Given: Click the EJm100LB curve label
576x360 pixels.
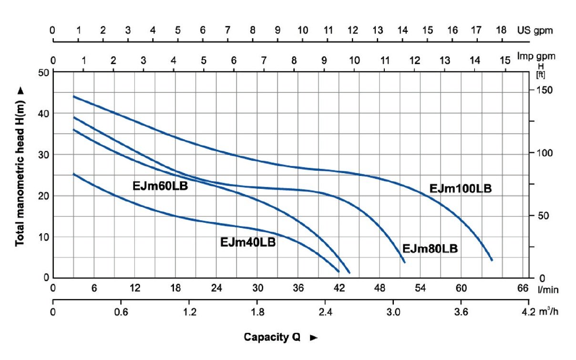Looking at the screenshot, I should tap(460, 189).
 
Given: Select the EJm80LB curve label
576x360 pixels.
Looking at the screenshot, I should tap(430, 249).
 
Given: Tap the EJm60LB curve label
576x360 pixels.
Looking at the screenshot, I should tap(160, 186).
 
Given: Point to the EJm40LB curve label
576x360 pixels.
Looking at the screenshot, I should tap(248, 242).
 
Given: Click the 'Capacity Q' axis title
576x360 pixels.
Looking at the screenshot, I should tap(272, 338).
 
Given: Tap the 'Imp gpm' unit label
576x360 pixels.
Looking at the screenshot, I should tap(536, 56).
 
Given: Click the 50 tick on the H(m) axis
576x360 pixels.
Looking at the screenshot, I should tap(44, 72).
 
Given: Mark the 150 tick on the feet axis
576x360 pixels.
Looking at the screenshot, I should tap(542, 91).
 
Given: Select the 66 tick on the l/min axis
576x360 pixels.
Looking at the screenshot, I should tap(523, 288).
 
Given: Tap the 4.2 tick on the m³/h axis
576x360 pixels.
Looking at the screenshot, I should tap(528, 312).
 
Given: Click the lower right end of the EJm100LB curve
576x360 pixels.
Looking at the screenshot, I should tap(492, 260).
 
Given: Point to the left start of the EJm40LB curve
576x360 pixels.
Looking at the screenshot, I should tap(73, 174).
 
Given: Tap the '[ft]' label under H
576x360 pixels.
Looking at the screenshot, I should tap(541, 74).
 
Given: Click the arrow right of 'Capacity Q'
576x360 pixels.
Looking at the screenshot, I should tap(313, 338).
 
